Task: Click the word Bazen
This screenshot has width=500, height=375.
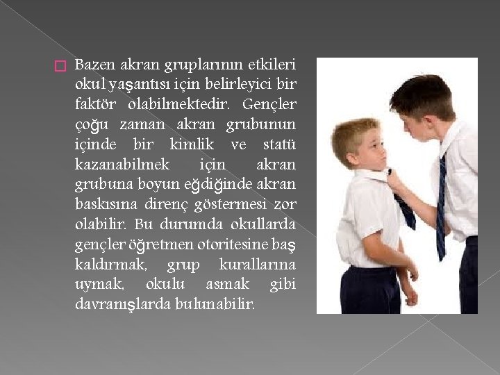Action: pyautogui.click(x=94, y=65)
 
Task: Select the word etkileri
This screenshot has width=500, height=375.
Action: pyautogui.click(x=272, y=65)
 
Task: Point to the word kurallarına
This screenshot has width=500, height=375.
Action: pyautogui.click(x=257, y=265)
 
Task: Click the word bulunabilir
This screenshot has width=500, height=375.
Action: pyautogui.click(x=219, y=305)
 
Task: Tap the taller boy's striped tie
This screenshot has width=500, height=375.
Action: pyautogui.click(x=442, y=208)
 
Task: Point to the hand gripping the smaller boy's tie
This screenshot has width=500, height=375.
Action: pyautogui.click(x=397, y=183)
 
